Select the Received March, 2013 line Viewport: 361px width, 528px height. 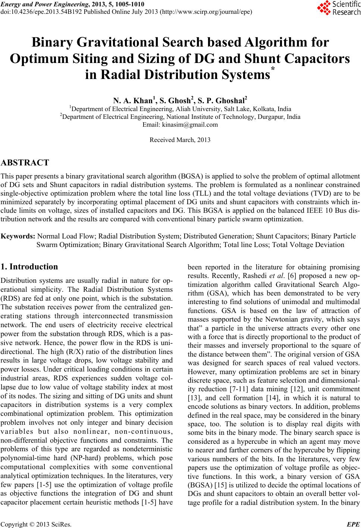(180, 140)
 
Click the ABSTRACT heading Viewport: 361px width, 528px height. (25, 163)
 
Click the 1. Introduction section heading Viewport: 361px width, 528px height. (29, 267)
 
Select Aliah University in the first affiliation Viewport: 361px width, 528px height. (202, 109)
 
